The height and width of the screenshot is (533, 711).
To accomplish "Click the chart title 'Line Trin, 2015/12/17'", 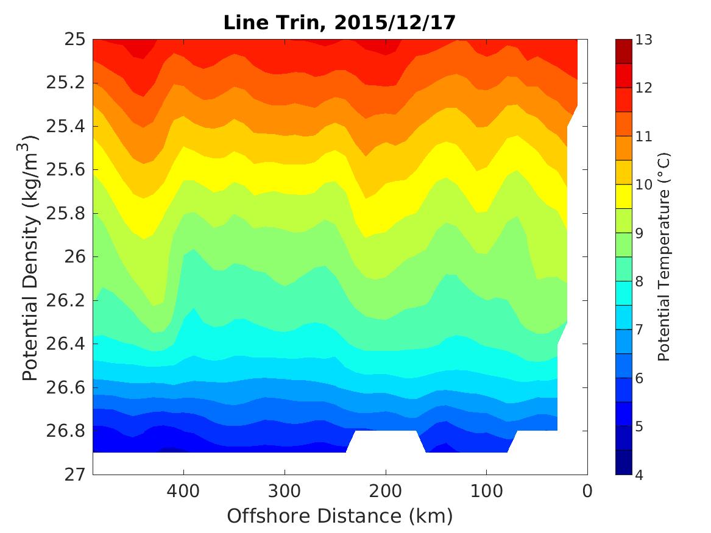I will (x=339, y=23).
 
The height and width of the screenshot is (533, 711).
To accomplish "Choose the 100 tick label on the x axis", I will (x=486, y=490).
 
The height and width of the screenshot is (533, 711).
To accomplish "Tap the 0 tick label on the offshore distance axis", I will (x=587, y=490).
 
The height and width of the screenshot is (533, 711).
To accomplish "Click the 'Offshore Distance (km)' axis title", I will (x=339, y=516).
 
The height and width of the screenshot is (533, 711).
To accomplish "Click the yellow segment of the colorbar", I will (x=624, y=197).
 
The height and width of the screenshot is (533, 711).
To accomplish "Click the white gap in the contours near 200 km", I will (x=385, y=441).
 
